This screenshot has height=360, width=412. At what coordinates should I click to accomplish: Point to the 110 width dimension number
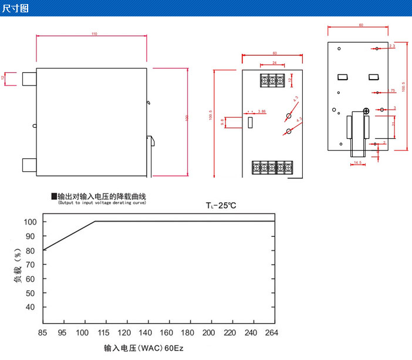point(94,33)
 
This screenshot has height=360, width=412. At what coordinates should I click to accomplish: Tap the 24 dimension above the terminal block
point(273,62)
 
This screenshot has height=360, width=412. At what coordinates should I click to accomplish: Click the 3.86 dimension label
point(261,111)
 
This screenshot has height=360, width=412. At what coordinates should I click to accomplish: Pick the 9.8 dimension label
point(222,122)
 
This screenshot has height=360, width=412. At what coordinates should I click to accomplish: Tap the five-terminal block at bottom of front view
point(272,168)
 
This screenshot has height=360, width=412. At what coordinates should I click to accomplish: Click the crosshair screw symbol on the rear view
point(366,111)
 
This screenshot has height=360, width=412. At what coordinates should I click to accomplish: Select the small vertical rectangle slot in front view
point(251,123)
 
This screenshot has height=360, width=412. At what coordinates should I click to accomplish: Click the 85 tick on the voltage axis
point(42,333)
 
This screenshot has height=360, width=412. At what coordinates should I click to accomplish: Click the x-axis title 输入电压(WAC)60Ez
point(144,348)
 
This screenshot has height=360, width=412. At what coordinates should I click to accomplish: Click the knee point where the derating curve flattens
point(96,221)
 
